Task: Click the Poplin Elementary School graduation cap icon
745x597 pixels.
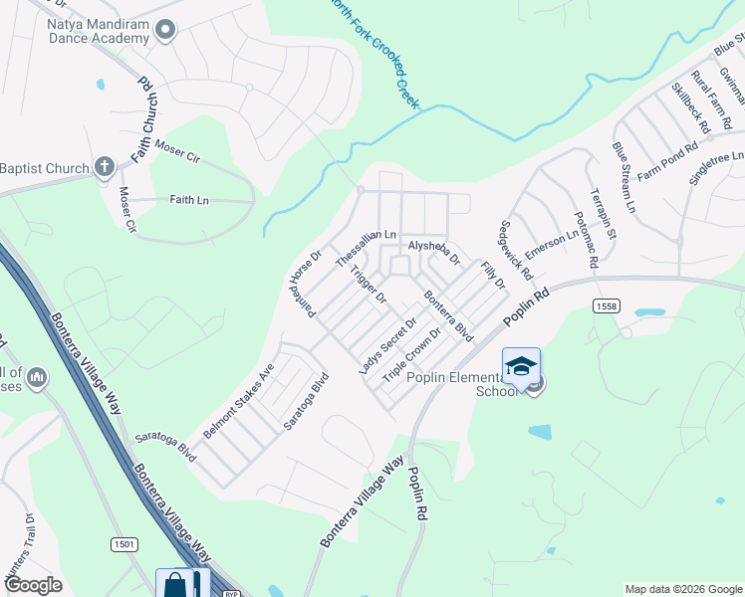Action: pos(521,367)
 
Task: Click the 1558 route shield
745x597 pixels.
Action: pos(607,304)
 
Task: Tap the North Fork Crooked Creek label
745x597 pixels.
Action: pos(374,55)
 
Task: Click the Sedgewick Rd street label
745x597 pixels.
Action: pos(518,249)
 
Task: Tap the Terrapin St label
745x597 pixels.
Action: pos(604,214)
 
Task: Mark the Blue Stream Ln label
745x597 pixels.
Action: pos(623,178)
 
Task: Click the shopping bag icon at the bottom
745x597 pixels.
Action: pos(175,584)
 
